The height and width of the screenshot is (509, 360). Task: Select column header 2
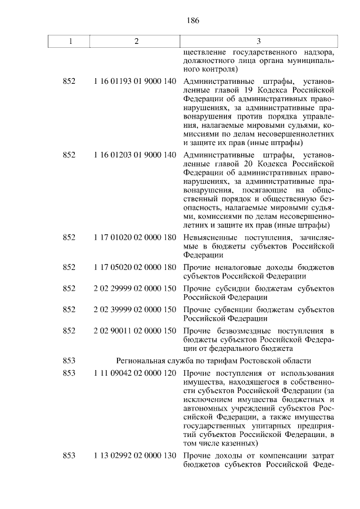tap(136, 42)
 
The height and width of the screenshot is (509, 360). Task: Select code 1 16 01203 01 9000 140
tap(135, 155)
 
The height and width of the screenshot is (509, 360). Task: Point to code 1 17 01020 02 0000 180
tap(135, 238)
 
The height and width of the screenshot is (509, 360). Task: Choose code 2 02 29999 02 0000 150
tap(135, 289)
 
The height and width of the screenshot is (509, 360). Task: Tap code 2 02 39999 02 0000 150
tap(135, 310)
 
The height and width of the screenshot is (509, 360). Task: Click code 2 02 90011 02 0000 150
tap(135, 331)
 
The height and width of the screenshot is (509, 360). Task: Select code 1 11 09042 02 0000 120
tap(135, 373)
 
